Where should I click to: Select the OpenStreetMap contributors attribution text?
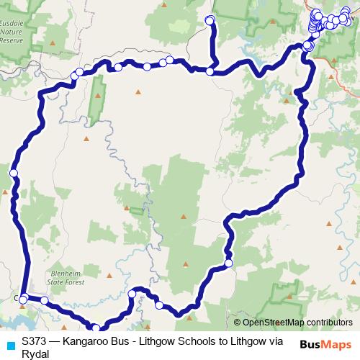pyautogui.click(x=297, y=323)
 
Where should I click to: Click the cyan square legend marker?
pyautogui.click(x=9, y=345)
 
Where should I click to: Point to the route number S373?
pyautogui.click(x=35, y=341)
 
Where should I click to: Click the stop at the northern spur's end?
pyautogui.click(x=211, y=19)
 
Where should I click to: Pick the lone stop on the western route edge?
pyautogui.click(x=13, y=173)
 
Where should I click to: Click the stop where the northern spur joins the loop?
pyautogui.click(x=210, y=71)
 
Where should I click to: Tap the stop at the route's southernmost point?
pyautogui.click(x=96, y=328)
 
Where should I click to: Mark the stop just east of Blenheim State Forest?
pyautogui.click(x=132, y=294)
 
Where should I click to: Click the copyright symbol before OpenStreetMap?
pyautogui.click(x=237, y=323)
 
